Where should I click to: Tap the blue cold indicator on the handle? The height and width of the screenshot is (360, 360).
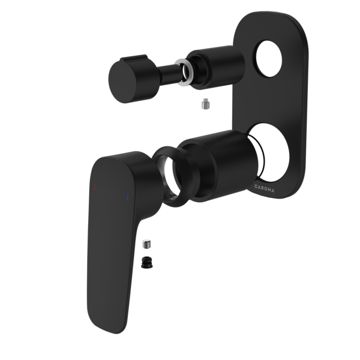pyautogui.click(x=127, y=196)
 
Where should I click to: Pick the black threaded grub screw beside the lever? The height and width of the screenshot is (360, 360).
pyautogui.click(x=146, y=262)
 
